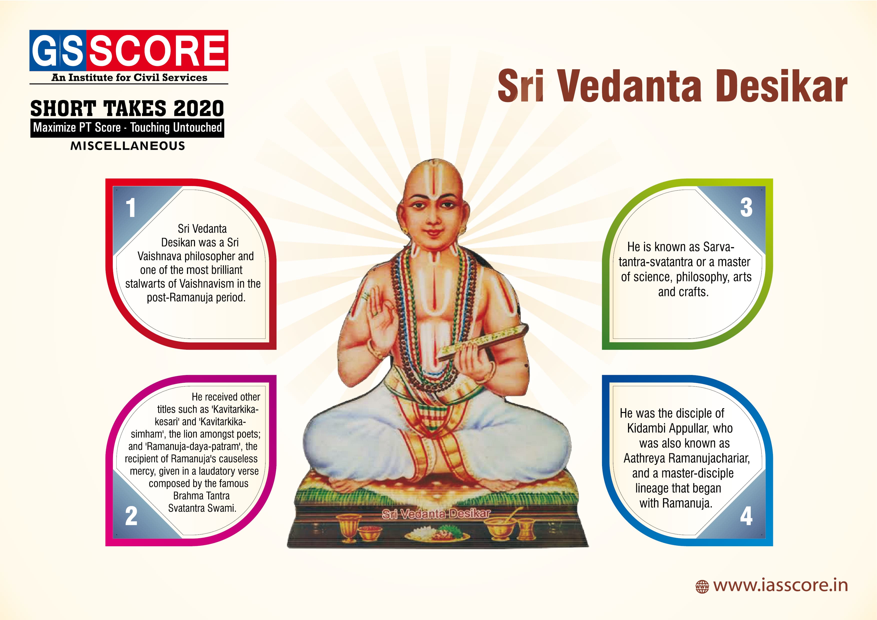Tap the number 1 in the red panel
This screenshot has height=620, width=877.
[131, 208]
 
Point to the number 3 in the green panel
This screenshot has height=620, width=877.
[746, 208]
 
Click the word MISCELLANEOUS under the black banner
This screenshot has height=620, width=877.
[127, 145]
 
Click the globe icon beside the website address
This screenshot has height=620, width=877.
[702, 586]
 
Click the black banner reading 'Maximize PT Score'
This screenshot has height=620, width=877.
[127, 127]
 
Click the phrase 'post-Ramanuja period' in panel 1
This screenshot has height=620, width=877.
[196, 297]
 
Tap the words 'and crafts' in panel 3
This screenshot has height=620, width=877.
[683, 292]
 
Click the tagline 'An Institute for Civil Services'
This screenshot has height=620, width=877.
[129, 77]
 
